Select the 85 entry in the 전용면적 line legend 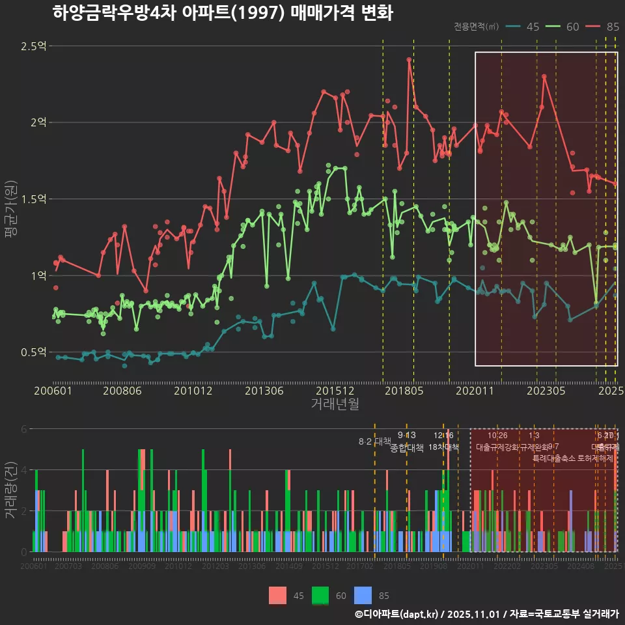[x=612, y=27]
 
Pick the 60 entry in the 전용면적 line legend [x=572, y=27]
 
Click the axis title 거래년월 [x=335, y=404]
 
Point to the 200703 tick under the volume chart [x=68, y=566]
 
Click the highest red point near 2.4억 [x=409, y=59]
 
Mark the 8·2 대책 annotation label [x=374, y=441]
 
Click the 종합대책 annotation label [x=407, y=447]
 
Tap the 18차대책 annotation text [x=443, y=447]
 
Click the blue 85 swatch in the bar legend [x=363, y=595]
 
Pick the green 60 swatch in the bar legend [x=320, y=595]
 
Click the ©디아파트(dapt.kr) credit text [x=397, y=614]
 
